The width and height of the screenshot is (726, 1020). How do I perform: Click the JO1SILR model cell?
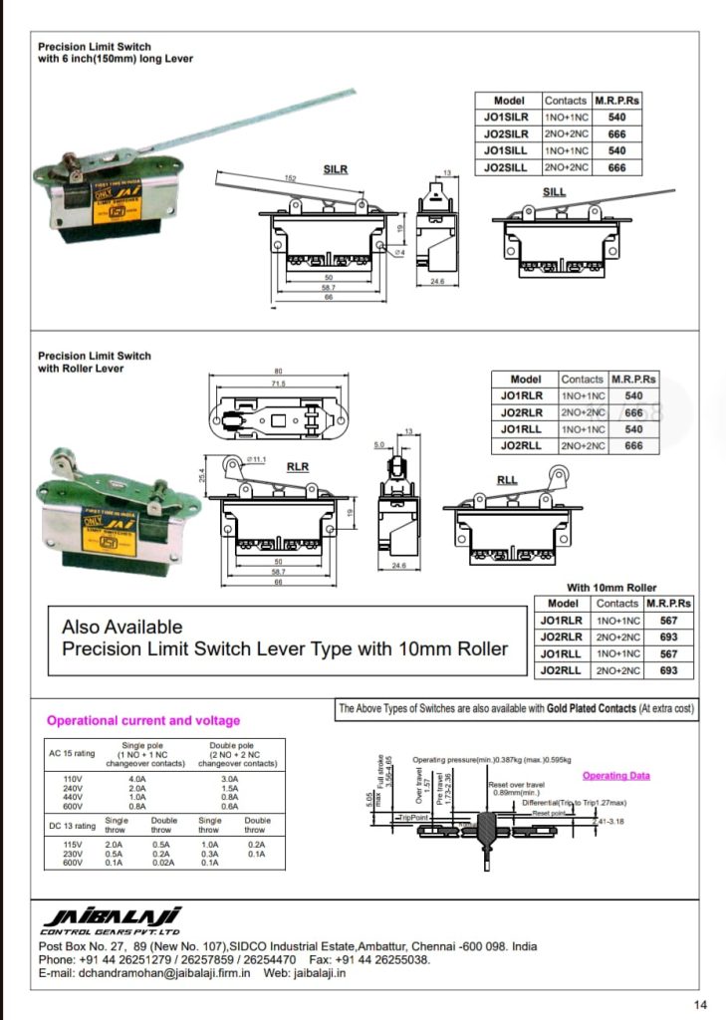click(506, 117)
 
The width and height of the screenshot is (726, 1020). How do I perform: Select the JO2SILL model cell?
click(506, 167)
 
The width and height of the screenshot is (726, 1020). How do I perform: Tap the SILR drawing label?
click(336, 169)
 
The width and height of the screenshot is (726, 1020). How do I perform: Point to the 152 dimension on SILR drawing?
click(291, 178)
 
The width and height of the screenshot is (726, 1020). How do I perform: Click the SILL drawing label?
click(555, 190)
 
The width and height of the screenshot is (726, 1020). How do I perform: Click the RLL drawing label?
click(507, 480)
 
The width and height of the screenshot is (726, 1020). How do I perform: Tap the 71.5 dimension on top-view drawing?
click(278, 382)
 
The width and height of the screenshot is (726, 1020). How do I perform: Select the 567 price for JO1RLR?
click(668, 620)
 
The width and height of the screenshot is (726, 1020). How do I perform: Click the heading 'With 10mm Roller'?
click(611, 587)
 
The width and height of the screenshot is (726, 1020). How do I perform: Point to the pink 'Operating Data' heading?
click(615, 775)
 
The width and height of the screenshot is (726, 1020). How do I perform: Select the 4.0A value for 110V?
click(137, 779)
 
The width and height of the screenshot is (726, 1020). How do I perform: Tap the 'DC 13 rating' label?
click(72, 825)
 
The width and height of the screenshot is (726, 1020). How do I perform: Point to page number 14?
click(700, 1003)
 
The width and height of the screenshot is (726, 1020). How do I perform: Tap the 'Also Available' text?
click(121, 627)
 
